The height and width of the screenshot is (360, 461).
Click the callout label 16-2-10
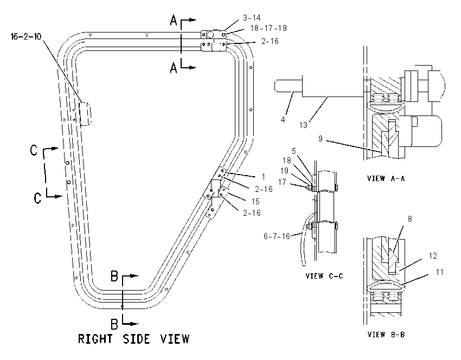(26, 37)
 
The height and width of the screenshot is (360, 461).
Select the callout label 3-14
(252, 18)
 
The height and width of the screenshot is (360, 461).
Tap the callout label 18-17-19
(268, 28)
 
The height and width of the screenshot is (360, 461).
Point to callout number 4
(283, 120)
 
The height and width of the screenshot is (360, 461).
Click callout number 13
(303, 125)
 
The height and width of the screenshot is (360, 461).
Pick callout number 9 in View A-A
(321, 138)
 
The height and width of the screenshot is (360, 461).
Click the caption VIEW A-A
(386, 178)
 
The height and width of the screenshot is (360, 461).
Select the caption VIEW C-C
(324, 276)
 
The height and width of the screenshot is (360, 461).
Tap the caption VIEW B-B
(386, 335)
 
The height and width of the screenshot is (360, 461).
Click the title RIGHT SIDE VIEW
(134, 339)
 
